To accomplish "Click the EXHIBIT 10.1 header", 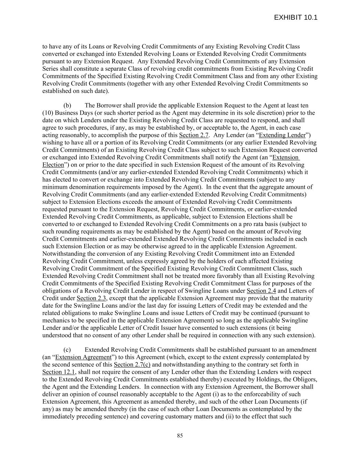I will [x=296, y=17].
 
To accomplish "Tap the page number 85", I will [x=180, y=436].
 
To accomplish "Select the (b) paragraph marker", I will [x=67, y=105].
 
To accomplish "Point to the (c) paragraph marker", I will [x=67, y=350].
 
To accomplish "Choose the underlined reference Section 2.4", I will [x=261, y=291].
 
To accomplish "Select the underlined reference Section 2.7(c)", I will [x=132, y=365].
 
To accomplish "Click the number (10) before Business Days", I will [x=48, y=113].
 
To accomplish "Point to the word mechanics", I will [x=55, y=321].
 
